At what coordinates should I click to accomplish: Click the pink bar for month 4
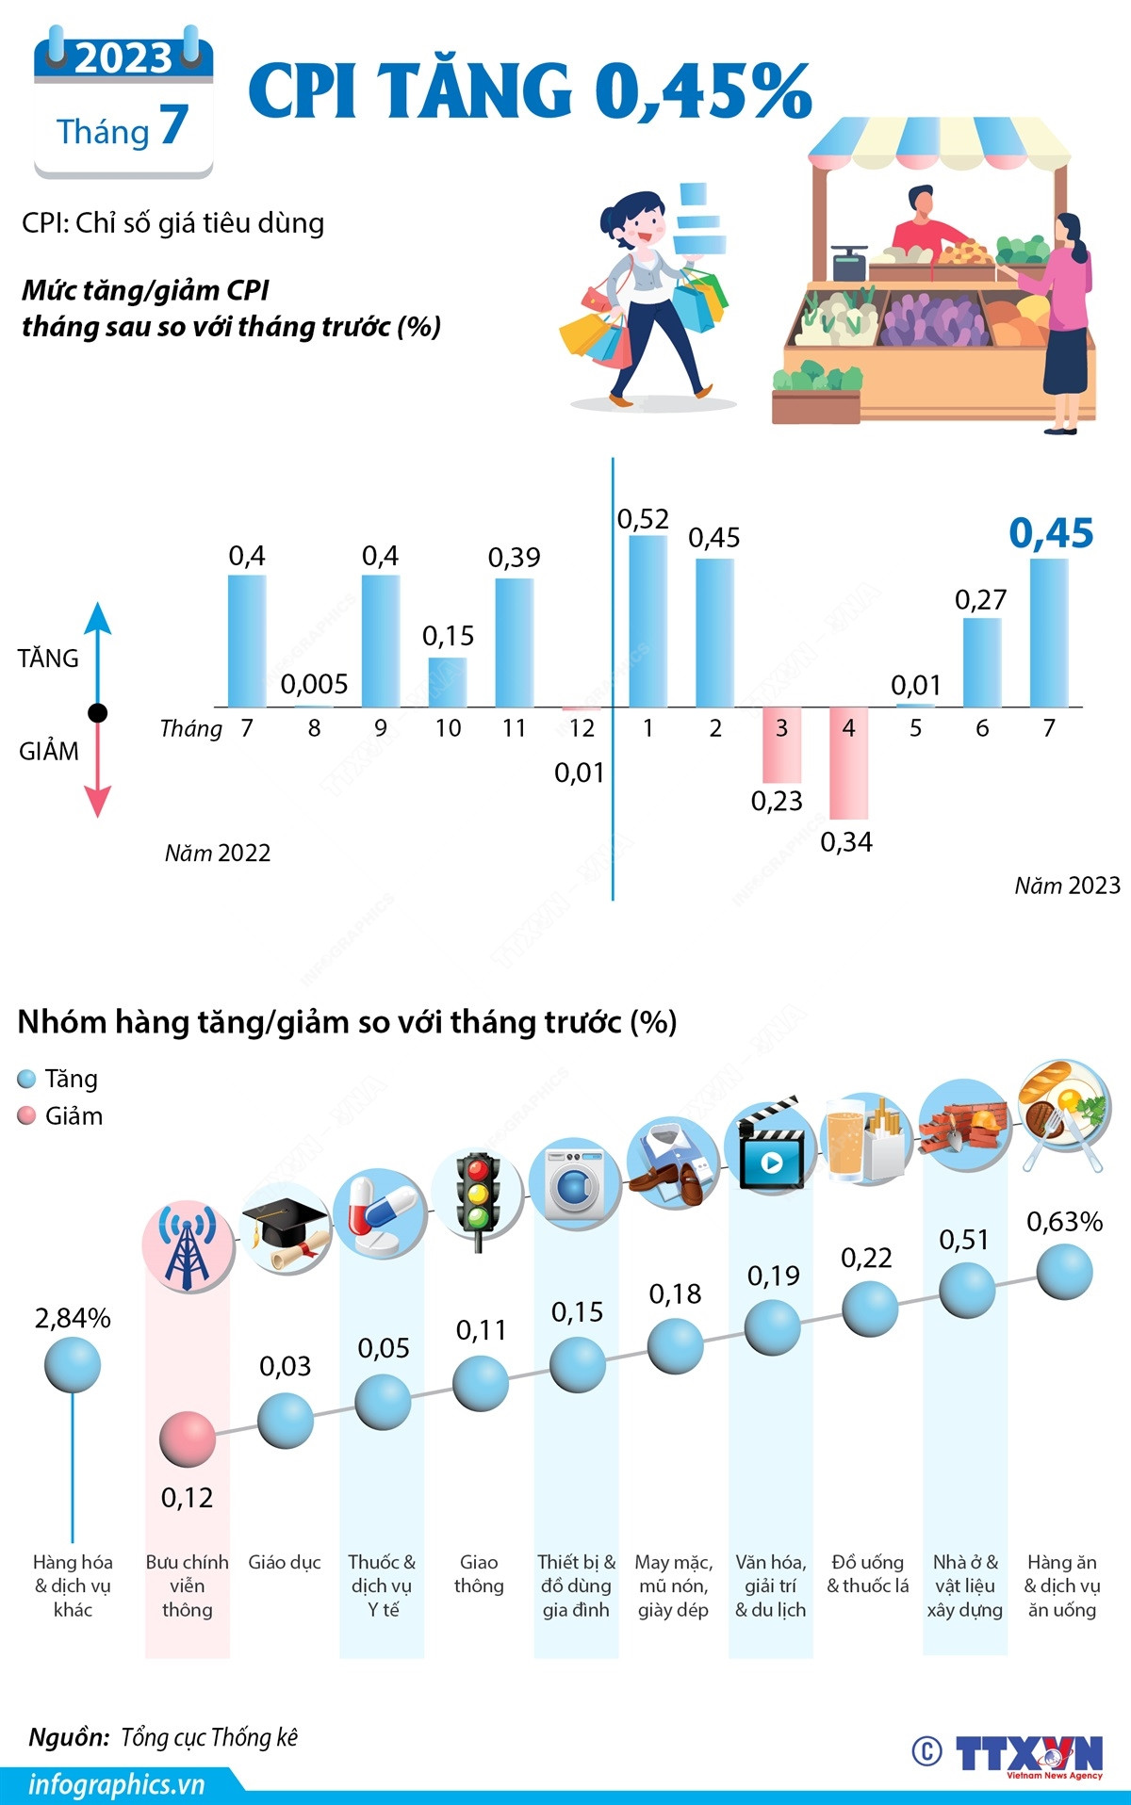point(848,762)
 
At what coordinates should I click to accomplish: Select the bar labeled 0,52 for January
point(647,621)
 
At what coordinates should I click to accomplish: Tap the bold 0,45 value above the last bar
point(1051,533)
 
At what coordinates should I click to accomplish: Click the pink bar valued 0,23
point(781,744)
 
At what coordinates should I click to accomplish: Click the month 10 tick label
point(448,728)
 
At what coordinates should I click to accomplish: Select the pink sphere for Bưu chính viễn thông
point(188,1439)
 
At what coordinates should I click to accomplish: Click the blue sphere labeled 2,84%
point(73,1364)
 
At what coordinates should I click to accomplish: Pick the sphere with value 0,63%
point(1064,1272)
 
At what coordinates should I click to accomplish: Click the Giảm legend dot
point(26,1116)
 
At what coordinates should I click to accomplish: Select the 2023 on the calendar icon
point(123,58)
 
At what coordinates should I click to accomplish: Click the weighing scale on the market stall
point(849,261)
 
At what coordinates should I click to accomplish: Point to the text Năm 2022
point(218,853)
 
